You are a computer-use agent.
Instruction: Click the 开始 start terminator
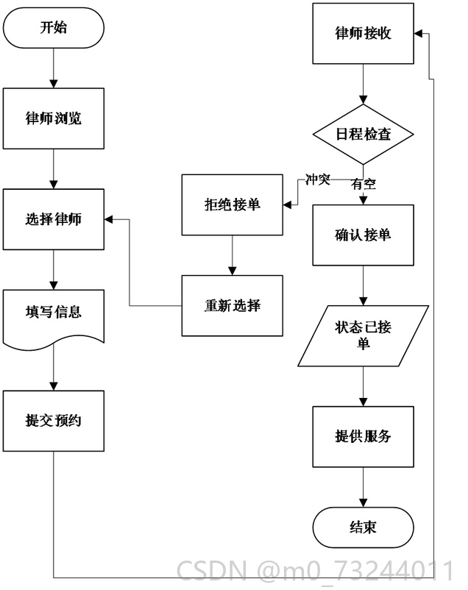[x=54, y=28]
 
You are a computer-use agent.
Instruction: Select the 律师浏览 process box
[x=54, y=118]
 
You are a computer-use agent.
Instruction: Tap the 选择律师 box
[x=54, y=219]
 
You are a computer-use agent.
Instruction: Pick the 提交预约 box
[x=54, y=421]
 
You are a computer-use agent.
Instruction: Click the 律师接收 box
[x=364, y=34]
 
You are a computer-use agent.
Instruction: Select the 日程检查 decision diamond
[x=364, y=134]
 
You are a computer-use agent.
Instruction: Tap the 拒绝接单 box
[x=233, y=205]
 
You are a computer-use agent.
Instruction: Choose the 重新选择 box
[x=233, y=305]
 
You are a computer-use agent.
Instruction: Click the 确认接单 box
[x=364, y=235]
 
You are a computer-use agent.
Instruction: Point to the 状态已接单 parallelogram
[x=364, y=335]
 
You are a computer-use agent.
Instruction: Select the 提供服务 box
[x=364, y=436]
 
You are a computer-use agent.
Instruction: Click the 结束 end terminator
[x=364, y=527]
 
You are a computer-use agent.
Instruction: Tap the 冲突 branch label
[x=318, y=180]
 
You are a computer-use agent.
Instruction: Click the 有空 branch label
[x=364, y=184]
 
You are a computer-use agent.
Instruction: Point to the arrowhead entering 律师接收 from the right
[x=418, y=34]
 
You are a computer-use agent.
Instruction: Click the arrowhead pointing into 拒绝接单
[x=287, y=205]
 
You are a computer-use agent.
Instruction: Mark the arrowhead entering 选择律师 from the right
[x=108, y=219]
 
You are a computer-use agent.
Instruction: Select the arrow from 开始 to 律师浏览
[x=54, y=68]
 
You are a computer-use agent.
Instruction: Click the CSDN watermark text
[x=316, y=571]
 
